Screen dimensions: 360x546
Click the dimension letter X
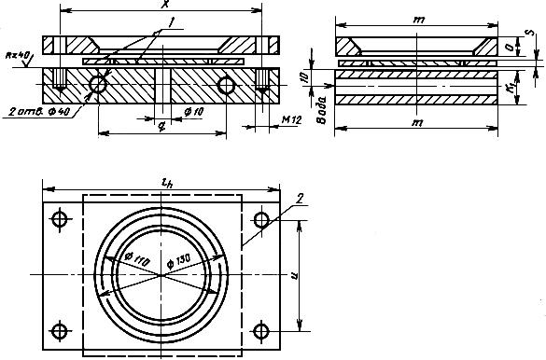pyautogui.click(x=165, y=6)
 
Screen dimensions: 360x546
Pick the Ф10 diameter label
pyautogui.click(x=193, y=113)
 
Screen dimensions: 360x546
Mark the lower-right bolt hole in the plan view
pyautogui.click(x=262, y=330)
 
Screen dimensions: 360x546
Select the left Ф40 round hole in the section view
pyautogui.click(x=98, y=85)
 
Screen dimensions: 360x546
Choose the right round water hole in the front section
pyautogui.click(x=226, y=85)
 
